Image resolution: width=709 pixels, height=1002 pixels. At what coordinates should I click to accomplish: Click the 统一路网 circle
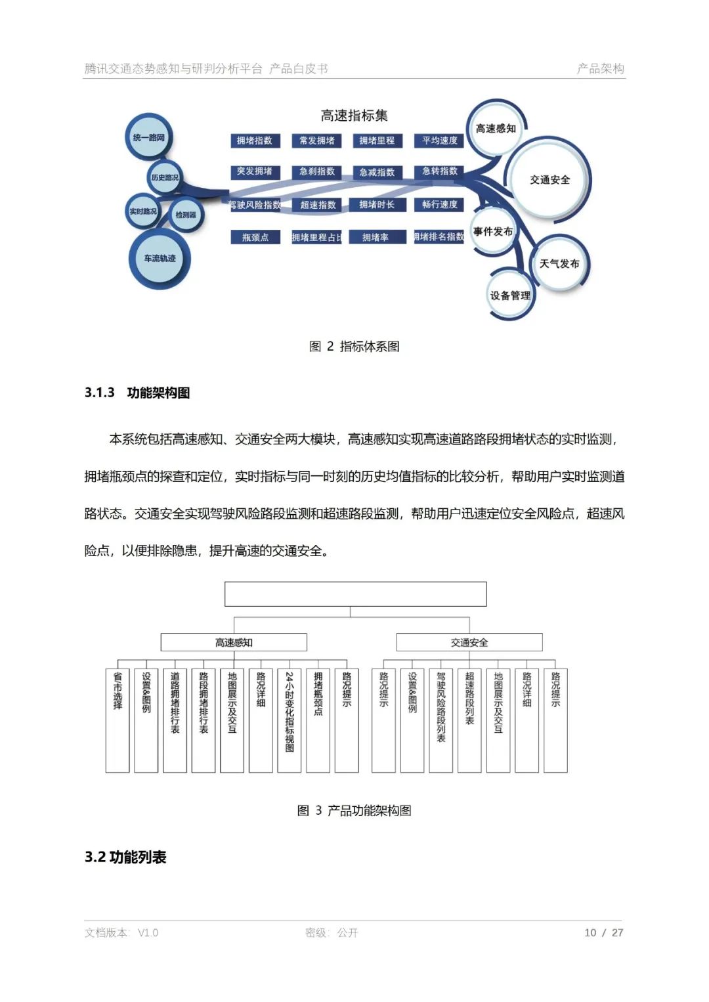(149, 137)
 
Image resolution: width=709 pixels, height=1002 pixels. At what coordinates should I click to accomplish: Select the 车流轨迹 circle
(160, 258)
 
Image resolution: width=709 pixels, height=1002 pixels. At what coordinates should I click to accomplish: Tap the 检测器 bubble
(186, 215)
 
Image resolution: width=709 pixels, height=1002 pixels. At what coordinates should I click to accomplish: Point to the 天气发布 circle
(559, 263)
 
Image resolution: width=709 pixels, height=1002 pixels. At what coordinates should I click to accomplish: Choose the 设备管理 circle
(510, 295)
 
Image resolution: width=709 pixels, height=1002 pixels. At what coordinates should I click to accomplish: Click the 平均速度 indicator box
(440, 141)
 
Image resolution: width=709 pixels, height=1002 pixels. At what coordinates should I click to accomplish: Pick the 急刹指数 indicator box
(317, 171)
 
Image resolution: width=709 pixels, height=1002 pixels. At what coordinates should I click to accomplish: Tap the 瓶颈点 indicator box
(255, 237)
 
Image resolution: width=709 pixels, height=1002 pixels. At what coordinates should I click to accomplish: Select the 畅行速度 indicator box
(440, 205)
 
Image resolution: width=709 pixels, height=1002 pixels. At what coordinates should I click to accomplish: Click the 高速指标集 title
(354, 116)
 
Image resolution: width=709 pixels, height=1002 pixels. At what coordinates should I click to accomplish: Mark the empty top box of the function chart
(355, 594)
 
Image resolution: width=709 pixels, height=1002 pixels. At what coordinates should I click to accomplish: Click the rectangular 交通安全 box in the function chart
(469, 642)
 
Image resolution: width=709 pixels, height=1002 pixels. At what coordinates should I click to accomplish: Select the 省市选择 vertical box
(118, 720)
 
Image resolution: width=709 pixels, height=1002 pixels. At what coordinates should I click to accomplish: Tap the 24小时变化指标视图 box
(290, 720)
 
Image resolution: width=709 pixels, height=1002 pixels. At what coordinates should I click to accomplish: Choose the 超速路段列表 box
(469, 720)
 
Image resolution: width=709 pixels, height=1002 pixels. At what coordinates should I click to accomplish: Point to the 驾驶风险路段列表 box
(440, 720)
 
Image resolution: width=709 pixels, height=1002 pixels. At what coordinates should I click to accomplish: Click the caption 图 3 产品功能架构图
(354, 810)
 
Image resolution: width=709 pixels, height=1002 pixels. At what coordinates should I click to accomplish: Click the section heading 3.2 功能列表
(125, 857)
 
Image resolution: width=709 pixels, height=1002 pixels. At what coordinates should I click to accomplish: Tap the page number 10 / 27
(603, 932)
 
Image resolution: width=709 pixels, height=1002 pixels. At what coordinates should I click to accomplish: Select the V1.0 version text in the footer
(148, 932)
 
